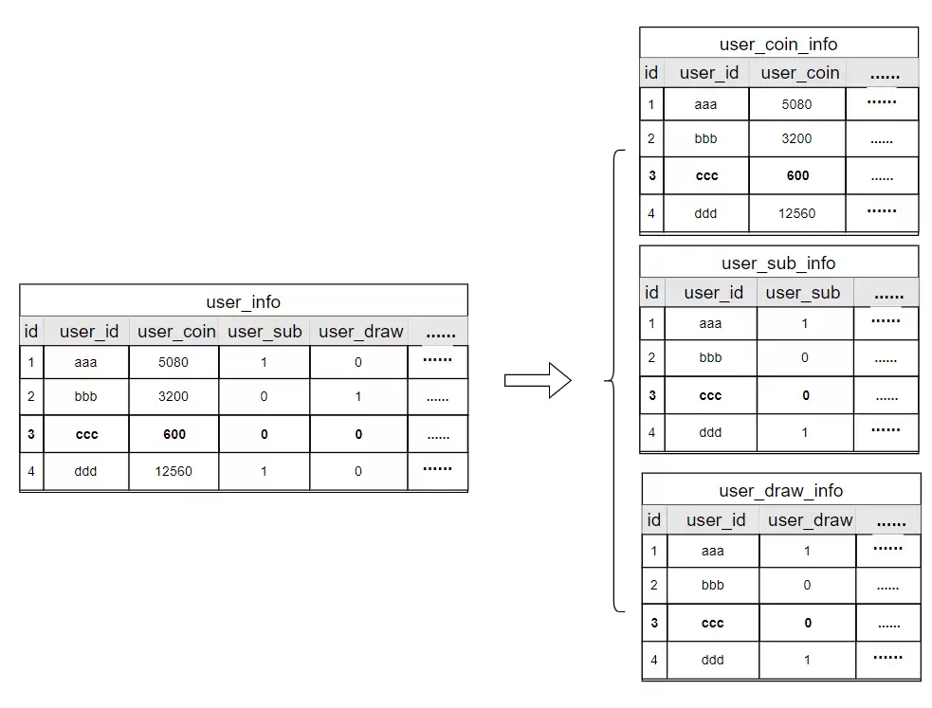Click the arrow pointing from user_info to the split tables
coord(538,380)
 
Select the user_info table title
coord(243,302)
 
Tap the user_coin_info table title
coord(778,45)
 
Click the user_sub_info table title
coord(778,263)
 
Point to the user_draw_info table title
coord(780,491)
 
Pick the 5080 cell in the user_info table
coord(173,362)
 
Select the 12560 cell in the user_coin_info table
coord(796,213)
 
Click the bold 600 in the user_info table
coord(174,434)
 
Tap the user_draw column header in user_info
coord(361,332)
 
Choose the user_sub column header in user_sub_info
coord(802,292)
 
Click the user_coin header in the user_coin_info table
coord(800,73)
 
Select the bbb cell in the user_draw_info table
coord(712,585)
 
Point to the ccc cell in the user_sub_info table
coord(710,395)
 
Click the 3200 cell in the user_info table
coord(173,396)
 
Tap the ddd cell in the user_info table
coord(85,471)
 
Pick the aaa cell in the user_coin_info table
coord(705,104)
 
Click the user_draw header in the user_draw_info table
coord(810,520)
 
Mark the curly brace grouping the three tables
coord(614,380)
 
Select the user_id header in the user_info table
coord(88,332)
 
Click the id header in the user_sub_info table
coord(651,292)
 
